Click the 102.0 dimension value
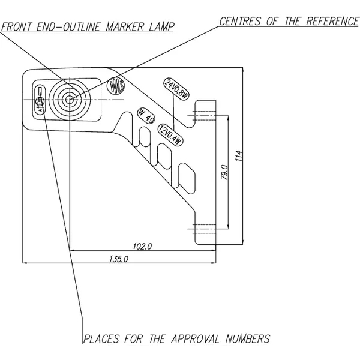(142, 246)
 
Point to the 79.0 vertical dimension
(224, 172)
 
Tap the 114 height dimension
(238, 157)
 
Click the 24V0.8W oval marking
(176, 90)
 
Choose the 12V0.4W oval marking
(170, 134)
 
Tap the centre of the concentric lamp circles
(70, 99)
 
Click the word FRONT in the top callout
(16, 26)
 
